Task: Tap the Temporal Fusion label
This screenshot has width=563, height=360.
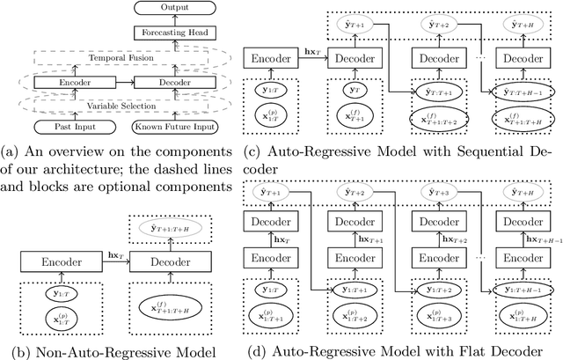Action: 121,57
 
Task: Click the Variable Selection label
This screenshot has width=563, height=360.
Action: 121,107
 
